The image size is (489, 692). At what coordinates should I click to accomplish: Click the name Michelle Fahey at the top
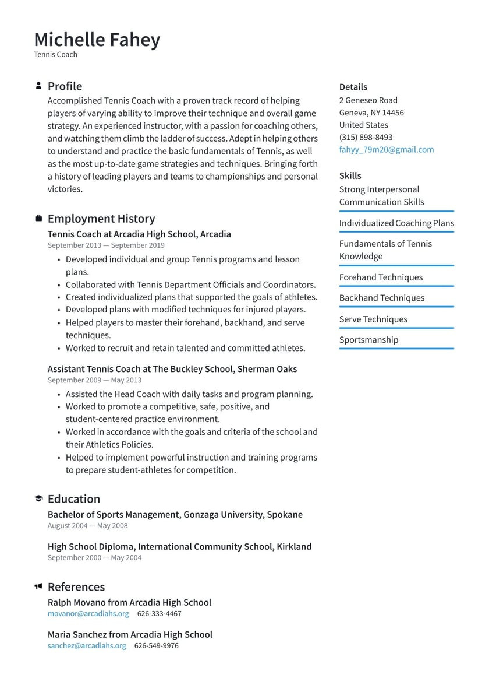point(97,40)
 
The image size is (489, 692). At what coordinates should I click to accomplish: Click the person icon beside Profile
point(38,86)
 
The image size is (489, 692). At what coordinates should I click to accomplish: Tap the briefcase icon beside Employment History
point(38,219)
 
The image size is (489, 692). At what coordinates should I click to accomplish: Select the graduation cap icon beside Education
point(38,498)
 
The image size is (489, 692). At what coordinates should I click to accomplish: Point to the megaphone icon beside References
point(38,586)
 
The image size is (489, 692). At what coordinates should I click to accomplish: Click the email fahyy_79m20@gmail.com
point(386,150)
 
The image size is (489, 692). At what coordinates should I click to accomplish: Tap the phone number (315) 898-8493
point(366,138)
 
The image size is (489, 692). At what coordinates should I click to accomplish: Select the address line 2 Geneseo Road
point(368,100)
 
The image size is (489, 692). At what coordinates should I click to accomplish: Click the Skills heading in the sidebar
point(350,175)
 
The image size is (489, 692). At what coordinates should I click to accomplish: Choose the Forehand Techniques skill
point(381,277)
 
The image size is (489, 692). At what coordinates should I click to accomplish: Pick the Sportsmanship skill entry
point(368,340)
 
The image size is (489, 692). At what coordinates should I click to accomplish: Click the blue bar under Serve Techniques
point(396,328)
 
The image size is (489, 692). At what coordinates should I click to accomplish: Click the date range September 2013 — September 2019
point(106,245)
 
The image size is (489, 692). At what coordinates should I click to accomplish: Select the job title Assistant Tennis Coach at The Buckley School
point(172,369)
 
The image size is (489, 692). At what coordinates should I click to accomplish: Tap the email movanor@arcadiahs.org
point(88,614)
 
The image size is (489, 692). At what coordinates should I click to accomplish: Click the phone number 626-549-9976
point(156,646)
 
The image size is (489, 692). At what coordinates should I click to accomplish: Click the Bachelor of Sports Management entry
point(175,515)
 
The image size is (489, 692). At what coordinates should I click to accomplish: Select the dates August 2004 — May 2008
point(87,526)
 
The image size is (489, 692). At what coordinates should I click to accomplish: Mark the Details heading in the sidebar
point(353,87)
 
